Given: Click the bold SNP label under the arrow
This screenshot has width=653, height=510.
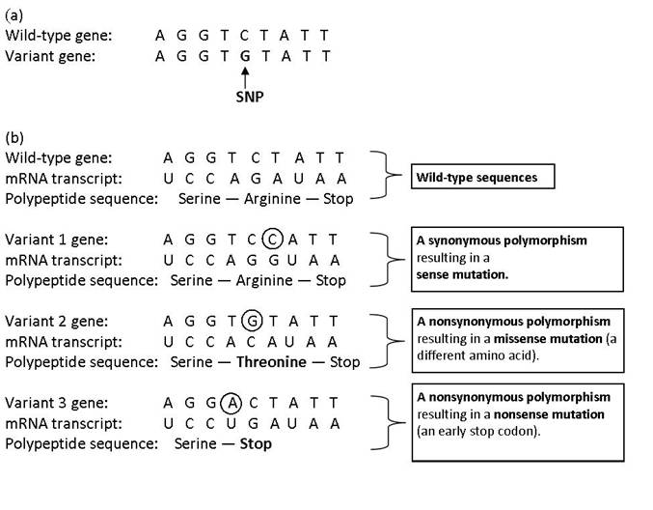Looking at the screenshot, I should (250, 98).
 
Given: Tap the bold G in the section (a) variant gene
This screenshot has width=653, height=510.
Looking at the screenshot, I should (246, 56).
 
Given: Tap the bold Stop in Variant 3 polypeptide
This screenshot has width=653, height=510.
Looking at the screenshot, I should (256, 443).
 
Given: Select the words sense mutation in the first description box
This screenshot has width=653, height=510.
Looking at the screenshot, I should (462, 274).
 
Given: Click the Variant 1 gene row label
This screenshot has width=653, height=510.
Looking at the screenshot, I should (56, 239).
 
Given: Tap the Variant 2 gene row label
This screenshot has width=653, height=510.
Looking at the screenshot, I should (56, 320).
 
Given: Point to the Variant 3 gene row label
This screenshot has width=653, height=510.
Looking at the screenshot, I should (56, 401).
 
